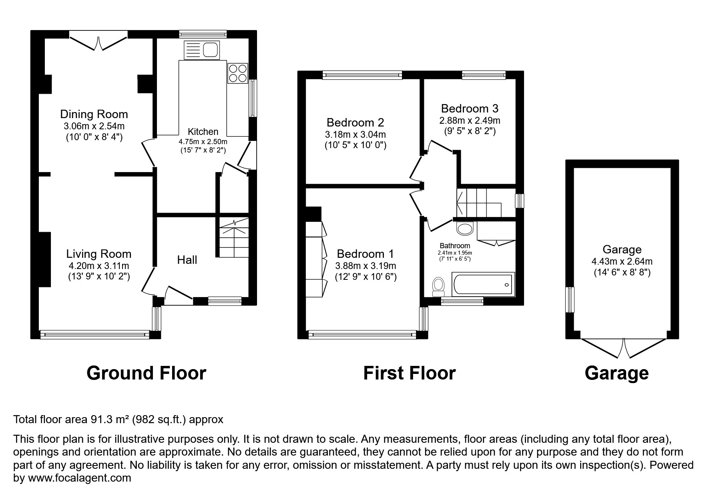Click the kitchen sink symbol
click(202, 50)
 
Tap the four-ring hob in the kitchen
click(237, 73)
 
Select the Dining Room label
click(94, 114)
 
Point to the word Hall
click(187, 260)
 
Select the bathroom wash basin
click(465, 229)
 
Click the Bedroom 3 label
click(470, 108)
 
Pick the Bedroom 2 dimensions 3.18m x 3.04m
click(355, 135)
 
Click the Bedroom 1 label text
click(365, 254)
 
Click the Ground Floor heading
click(146, 373)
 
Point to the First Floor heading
click(409, 373)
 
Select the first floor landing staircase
click(479, 203)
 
